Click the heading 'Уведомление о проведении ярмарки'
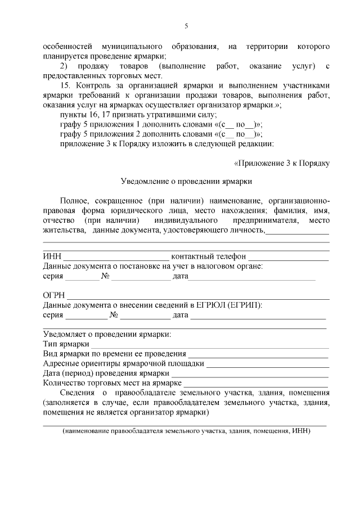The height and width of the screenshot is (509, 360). point(186,182)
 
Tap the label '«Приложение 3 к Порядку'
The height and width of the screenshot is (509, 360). point(281,163)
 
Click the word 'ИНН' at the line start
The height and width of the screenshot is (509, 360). point(52,257)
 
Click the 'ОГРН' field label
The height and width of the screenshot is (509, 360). point(54,296)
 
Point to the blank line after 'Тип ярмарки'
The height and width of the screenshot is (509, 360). point(210,344)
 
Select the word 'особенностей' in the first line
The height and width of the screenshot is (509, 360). point(66,46)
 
